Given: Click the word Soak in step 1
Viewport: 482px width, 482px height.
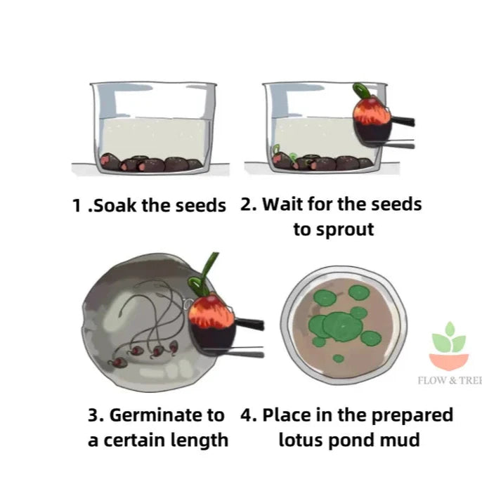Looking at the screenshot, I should click(x=115, y=206).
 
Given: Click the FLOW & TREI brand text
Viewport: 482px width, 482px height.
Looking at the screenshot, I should click(x=449, y=382).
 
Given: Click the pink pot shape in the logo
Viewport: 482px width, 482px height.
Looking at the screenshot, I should click(x=448, y=360).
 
